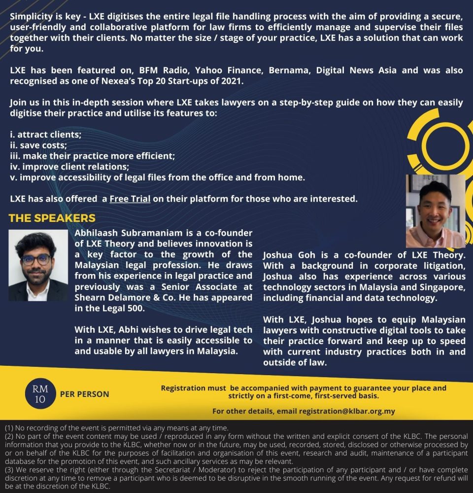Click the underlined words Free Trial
click(130, 199)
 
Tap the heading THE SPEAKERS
click(52, 218)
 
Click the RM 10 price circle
click(40, 394)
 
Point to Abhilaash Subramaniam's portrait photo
click(38, 265)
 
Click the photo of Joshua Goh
click(435, 211)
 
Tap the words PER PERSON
click(84, 394)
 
